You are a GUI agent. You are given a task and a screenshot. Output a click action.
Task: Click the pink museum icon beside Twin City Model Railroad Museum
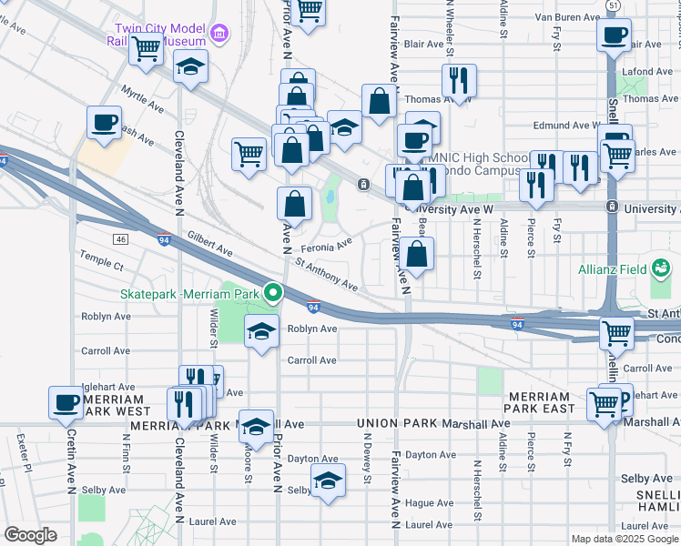[219, 35]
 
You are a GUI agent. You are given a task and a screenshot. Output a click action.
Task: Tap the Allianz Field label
[615, 270]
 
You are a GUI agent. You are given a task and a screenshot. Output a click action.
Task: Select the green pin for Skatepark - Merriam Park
[272, 293]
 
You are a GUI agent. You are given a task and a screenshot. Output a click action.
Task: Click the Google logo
[31, 534]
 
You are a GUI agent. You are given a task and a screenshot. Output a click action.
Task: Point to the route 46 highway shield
[120, 238]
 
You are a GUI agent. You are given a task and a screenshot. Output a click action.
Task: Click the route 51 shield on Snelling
[616, 5]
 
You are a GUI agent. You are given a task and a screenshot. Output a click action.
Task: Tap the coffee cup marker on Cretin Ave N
[66, 403]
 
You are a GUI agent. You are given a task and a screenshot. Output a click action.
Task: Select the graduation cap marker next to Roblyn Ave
[261, 332]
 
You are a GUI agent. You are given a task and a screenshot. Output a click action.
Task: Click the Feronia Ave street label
[330, 244]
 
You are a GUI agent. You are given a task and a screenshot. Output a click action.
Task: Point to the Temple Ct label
[101, 267]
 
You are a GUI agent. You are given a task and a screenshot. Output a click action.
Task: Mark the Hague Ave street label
[430, 502]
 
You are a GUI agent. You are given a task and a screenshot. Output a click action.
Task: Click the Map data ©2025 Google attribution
[624, 539]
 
